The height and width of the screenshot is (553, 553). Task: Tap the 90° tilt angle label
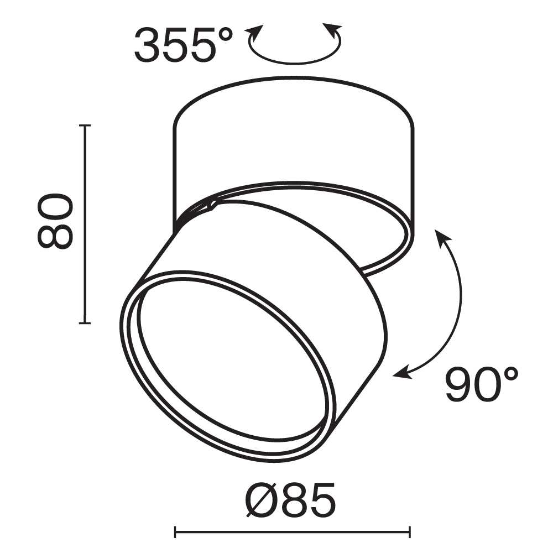point(482,385)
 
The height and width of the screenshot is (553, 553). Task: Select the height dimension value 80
point(55,221)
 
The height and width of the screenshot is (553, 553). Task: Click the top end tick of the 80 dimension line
point(84,126)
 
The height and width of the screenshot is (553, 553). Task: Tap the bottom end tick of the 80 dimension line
point(84,322)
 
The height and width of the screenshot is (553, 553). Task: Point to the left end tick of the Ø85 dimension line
point(175,532)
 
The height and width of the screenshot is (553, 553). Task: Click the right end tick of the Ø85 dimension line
point(410,532)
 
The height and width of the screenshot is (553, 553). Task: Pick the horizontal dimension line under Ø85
point(293,532)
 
